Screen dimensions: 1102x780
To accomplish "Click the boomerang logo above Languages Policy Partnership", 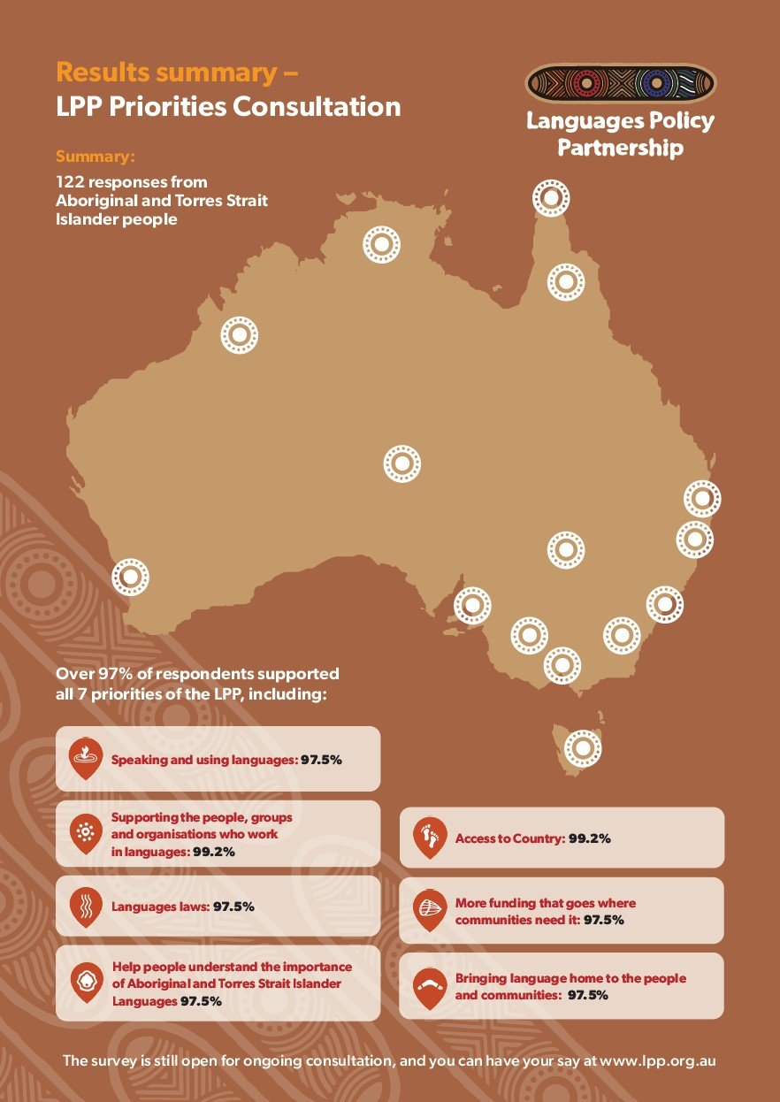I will (621, 84).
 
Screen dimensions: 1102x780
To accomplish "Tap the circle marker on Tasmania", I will (582, 748).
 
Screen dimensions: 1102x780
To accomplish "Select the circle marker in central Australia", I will (401, 463).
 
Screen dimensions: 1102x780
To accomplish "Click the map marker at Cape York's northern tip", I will (550, 199).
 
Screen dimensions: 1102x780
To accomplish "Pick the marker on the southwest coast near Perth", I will (130, 578).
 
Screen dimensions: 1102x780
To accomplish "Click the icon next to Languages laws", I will (86, 906).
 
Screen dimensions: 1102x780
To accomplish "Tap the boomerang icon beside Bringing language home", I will (431, 984).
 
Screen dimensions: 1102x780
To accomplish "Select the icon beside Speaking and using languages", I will (86, 758).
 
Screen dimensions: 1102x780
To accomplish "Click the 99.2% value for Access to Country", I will (589, 838).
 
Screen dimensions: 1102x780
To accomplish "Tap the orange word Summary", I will (96, 157).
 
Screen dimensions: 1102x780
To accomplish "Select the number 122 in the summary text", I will (71, 181).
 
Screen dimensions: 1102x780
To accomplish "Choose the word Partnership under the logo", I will (620, 148).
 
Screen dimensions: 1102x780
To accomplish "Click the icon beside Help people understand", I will (86, 983).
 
